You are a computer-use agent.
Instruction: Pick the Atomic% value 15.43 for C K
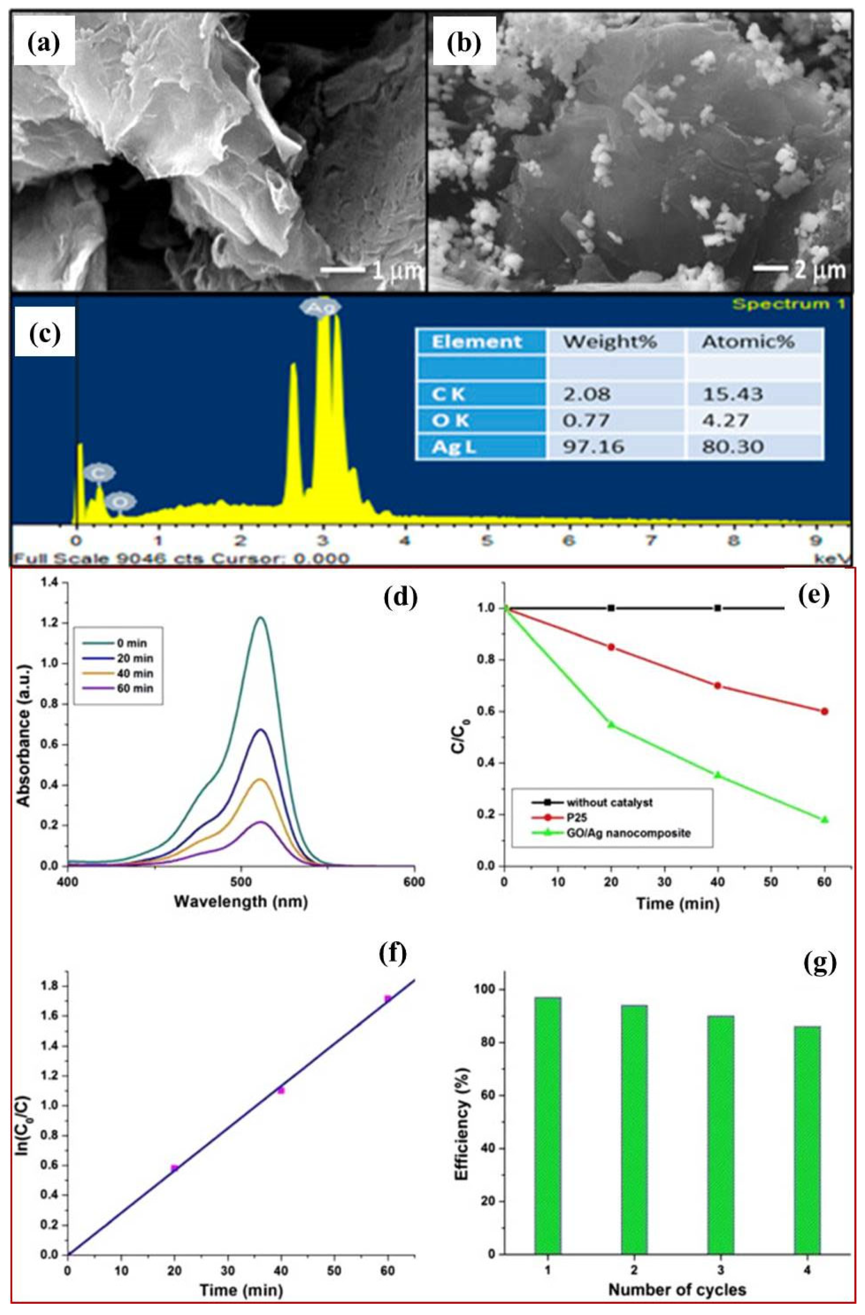[x=732, y=394]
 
